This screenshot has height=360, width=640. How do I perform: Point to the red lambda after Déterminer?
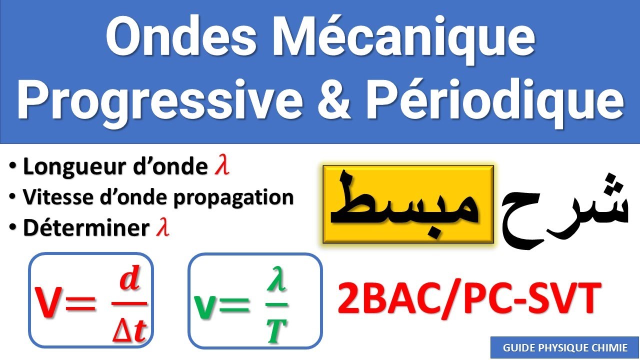pyautogui.click(x=162, y=228)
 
